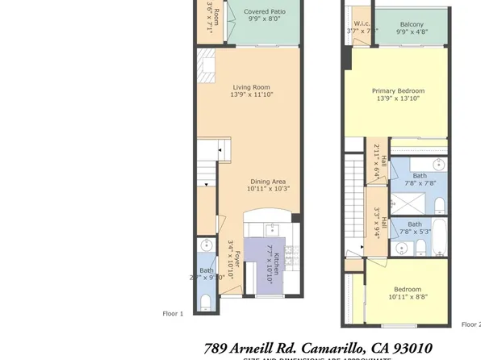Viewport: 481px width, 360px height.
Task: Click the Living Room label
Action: click(252, 87)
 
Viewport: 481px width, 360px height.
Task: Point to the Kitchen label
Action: click(275, 260)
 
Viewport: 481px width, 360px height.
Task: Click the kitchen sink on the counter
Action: click(272, 228)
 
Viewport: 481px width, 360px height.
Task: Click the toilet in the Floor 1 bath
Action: click(207, 301)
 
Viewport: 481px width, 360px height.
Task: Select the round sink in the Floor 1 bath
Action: click(207, 245)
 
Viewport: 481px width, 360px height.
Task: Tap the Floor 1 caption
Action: click(174, 313)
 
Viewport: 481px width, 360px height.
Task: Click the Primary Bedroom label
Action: click(398, 91)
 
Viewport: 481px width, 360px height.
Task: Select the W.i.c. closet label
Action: click(362, 23)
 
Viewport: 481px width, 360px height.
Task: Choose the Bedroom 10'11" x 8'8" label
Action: click(407, 289)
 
